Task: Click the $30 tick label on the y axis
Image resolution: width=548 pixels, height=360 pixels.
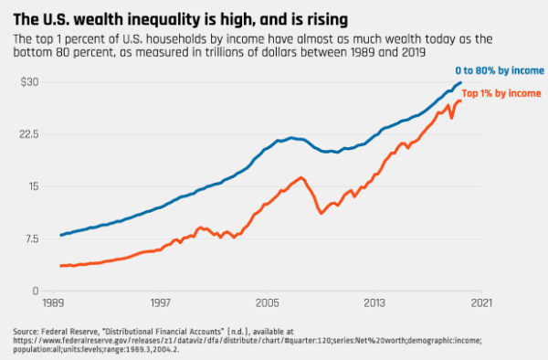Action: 29,82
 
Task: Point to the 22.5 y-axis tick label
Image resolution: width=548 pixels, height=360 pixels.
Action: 28,134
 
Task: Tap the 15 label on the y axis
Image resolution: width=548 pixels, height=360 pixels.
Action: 34,186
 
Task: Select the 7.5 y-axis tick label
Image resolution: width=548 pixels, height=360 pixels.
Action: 31,239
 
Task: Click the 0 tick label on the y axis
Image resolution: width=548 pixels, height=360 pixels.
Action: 36,291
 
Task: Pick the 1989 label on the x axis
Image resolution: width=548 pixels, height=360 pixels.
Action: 53,302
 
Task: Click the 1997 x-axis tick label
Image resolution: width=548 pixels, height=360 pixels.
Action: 161,302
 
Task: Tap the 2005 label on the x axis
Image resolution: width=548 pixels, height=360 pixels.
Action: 268,302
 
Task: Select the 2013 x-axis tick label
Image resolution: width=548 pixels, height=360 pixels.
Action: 374,302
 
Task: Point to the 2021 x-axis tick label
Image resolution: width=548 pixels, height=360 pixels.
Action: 481,302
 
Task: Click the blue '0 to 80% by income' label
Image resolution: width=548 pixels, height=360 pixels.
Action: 500,70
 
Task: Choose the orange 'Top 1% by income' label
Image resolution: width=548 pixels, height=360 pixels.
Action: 501,94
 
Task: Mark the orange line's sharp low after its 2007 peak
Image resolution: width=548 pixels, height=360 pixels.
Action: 321,213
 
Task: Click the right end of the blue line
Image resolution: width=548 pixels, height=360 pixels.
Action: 460,82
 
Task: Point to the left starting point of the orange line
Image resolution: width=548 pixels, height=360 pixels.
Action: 61,266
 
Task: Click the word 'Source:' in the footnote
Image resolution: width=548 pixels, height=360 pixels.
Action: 26,332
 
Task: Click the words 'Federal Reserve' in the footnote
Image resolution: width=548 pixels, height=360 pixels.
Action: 68,332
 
